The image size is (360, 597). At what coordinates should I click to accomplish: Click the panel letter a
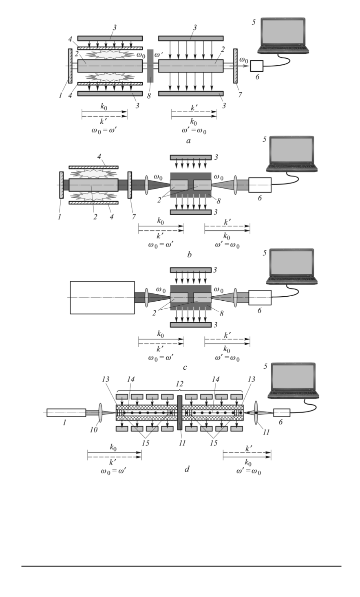188,141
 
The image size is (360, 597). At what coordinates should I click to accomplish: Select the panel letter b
189,255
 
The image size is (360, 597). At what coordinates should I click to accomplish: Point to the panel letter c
185,368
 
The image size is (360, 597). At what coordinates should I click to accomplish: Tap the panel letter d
187,469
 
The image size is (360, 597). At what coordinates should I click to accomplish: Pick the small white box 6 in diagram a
257,66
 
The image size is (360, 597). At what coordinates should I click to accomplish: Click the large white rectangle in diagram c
102,297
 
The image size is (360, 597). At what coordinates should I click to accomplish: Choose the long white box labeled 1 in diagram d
66,412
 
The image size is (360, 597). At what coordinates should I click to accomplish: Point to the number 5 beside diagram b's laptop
264,139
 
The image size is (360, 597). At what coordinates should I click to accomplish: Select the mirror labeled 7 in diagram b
130,185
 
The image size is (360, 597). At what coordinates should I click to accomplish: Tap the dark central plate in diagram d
180,412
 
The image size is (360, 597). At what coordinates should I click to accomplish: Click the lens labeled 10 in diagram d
100,412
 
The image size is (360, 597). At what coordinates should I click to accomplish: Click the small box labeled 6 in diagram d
281,412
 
